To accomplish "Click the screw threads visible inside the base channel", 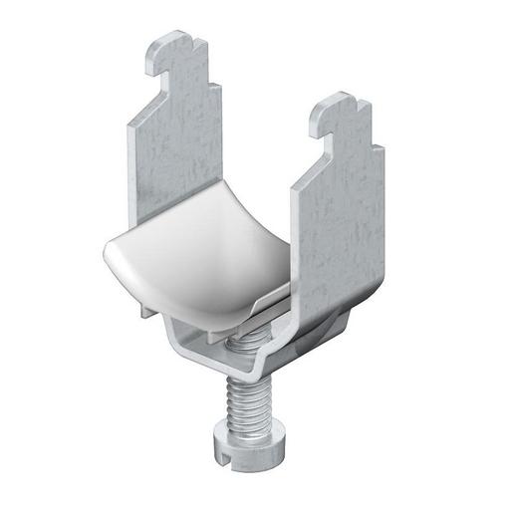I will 245,343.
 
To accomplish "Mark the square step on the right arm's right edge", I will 368,139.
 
